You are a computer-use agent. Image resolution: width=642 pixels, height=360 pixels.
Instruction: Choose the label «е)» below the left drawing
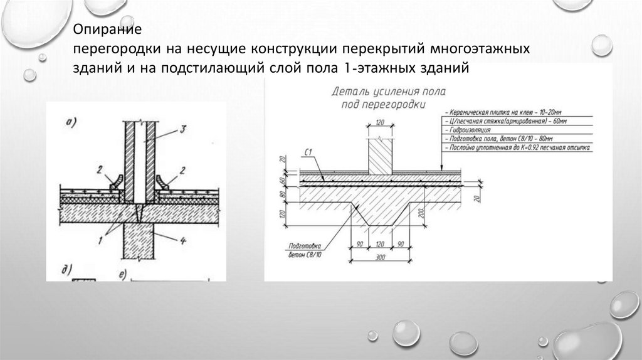(122, 275)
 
